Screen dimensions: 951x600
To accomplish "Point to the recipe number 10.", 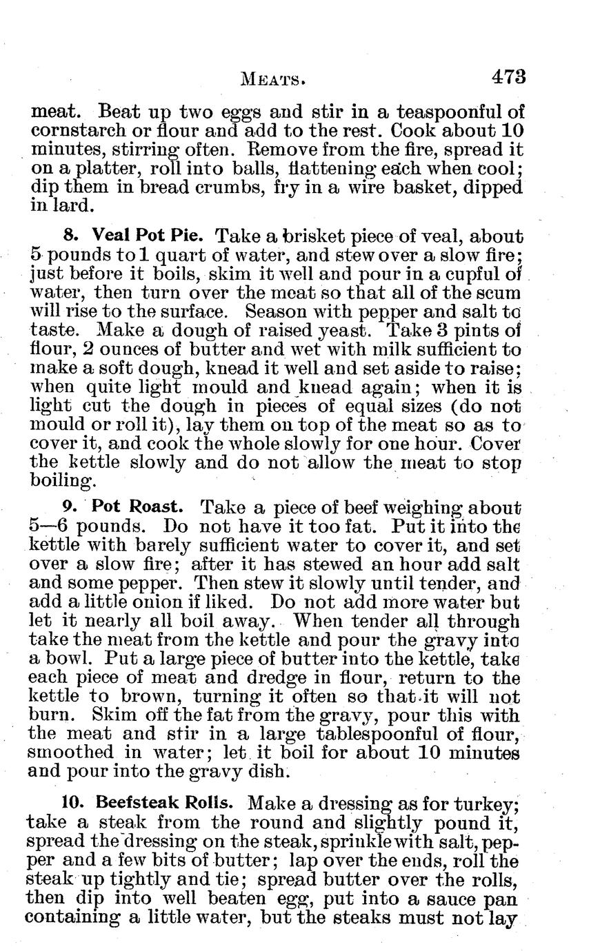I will (x=72, y=803).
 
